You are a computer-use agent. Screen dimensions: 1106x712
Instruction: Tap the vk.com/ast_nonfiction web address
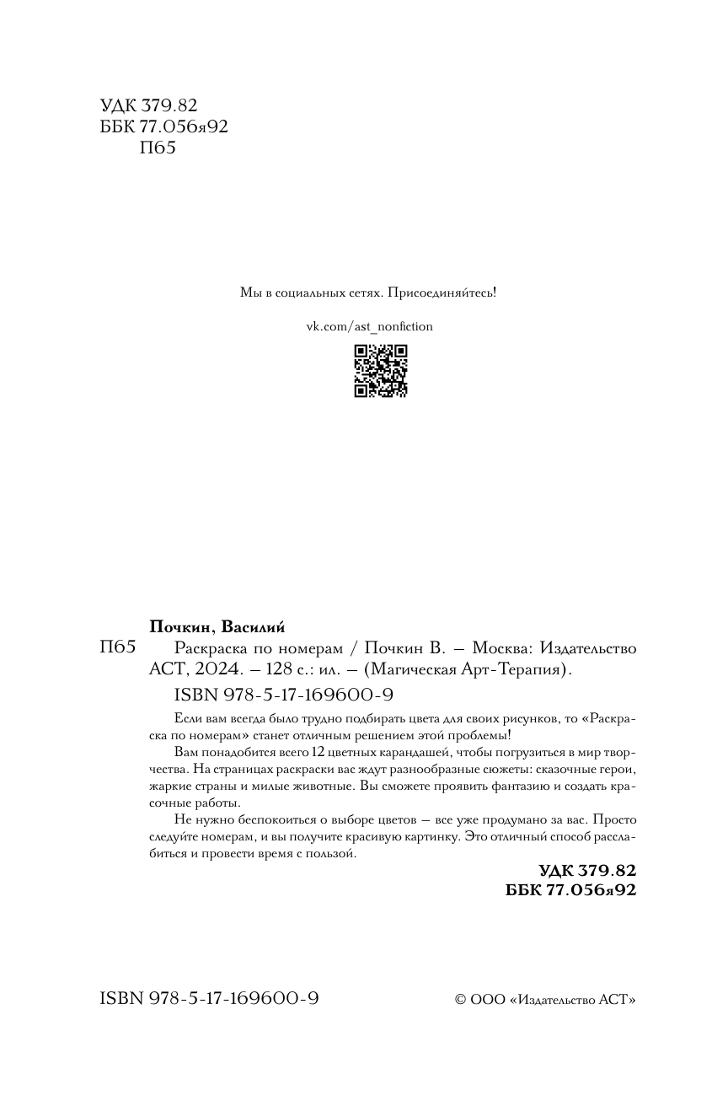368,326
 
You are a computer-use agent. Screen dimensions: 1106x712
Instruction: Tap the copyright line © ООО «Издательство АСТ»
545,999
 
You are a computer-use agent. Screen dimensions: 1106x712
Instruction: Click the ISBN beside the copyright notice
209,998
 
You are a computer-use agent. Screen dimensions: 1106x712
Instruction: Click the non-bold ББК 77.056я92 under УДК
163,126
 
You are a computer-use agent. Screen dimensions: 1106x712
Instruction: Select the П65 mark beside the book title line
118,648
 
